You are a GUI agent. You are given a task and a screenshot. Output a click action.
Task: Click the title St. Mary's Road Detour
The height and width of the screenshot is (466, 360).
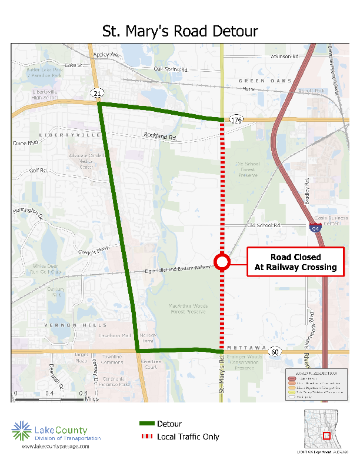click(180, 31)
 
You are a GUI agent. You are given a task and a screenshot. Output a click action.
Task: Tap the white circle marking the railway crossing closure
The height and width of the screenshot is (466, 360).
click(222, 262)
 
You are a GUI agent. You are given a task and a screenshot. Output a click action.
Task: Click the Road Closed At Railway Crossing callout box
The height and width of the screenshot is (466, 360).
click(295, 262)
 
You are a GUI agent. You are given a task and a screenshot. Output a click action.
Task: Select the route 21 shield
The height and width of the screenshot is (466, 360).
click(97, 94)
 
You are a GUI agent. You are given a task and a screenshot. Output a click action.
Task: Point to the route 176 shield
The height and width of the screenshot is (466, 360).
click(236, 120)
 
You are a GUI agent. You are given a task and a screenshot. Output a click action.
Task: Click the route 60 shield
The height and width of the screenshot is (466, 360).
click(275, 351)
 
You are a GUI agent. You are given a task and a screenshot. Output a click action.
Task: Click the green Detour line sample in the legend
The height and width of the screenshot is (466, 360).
click(146, 424)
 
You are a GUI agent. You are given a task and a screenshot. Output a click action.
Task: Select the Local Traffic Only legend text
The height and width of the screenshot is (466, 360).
click(188, 437)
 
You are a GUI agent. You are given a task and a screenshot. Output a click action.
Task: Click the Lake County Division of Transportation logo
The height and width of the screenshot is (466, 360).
click(56, 432)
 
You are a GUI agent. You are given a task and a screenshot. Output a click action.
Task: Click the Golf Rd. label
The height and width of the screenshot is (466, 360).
click(38, 171)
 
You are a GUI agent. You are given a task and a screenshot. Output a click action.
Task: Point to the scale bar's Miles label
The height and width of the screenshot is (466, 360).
click(91, 399)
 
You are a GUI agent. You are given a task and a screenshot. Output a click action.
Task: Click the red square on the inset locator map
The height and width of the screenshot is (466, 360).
click(327, 436)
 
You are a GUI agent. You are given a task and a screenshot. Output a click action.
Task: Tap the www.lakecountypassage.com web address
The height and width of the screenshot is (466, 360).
click(56, 447)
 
